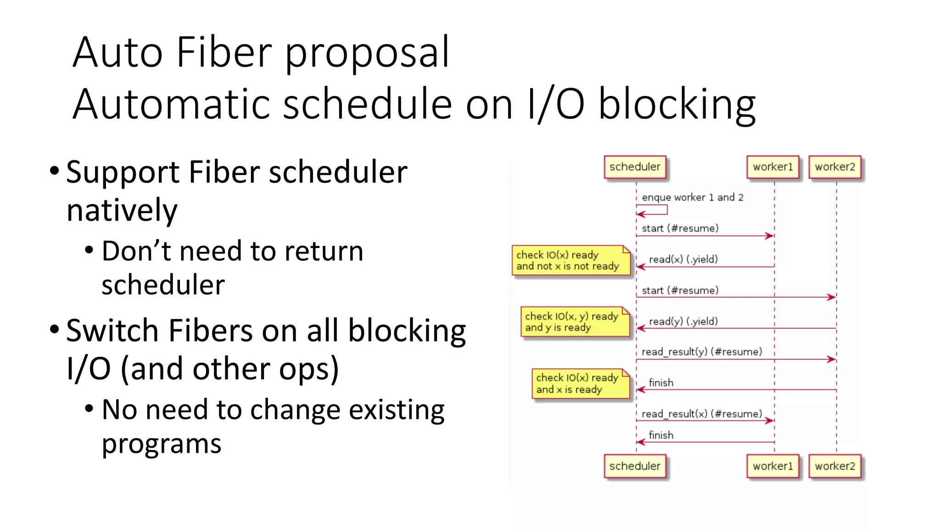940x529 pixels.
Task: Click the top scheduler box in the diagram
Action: point(635,167)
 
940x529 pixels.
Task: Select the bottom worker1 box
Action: point(773,466)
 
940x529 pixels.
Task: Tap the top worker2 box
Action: point(835,167)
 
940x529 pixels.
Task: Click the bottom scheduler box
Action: point(635,466)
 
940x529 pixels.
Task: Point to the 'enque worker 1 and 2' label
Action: point(692,197)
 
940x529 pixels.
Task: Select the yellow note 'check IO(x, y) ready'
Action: point(575,322)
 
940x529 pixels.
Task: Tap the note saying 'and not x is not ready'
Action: point(571,261)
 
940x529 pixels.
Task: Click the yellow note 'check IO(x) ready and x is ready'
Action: point(580,383)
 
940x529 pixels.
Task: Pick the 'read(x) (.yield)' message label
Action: point(683,259)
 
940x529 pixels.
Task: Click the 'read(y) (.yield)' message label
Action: point(683,321)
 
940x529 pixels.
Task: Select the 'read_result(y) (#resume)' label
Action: point(701,352)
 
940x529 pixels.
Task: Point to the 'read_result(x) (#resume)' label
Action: point(701,414)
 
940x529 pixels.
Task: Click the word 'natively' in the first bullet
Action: point(122,210)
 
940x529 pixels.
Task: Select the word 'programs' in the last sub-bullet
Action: point(162,444)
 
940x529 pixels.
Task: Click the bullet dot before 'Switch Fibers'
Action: point(55,329)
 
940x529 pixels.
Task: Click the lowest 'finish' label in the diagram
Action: point(660,435)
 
